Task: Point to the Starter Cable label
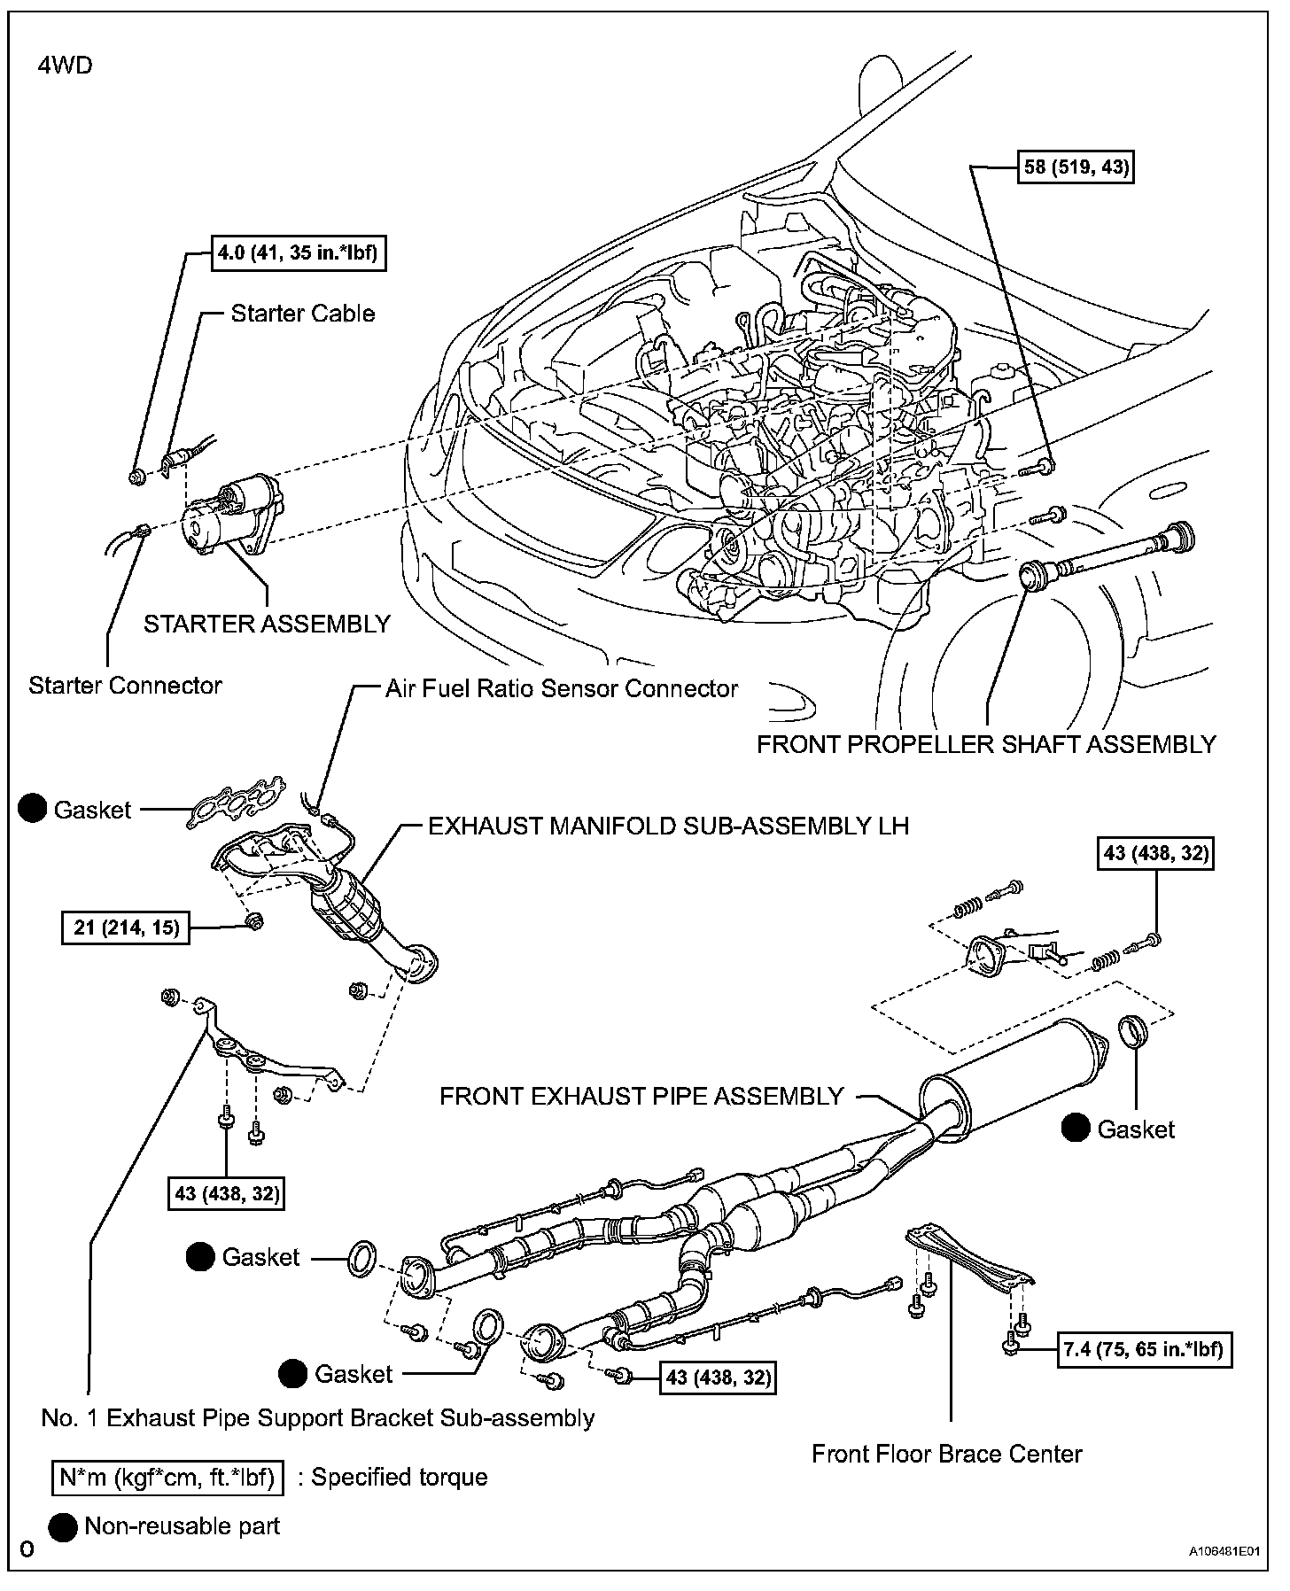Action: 302,314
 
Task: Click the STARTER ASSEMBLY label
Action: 267,624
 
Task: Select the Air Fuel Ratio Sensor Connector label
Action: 561,688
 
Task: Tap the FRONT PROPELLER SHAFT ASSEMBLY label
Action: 986,744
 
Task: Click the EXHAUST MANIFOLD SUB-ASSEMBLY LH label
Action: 668,826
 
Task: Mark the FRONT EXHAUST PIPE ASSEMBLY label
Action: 641,1096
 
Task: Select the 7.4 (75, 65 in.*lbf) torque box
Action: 1143,1349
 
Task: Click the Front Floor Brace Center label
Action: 946,1454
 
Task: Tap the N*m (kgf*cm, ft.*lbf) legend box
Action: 167,1477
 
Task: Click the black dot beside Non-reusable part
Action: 63,1526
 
